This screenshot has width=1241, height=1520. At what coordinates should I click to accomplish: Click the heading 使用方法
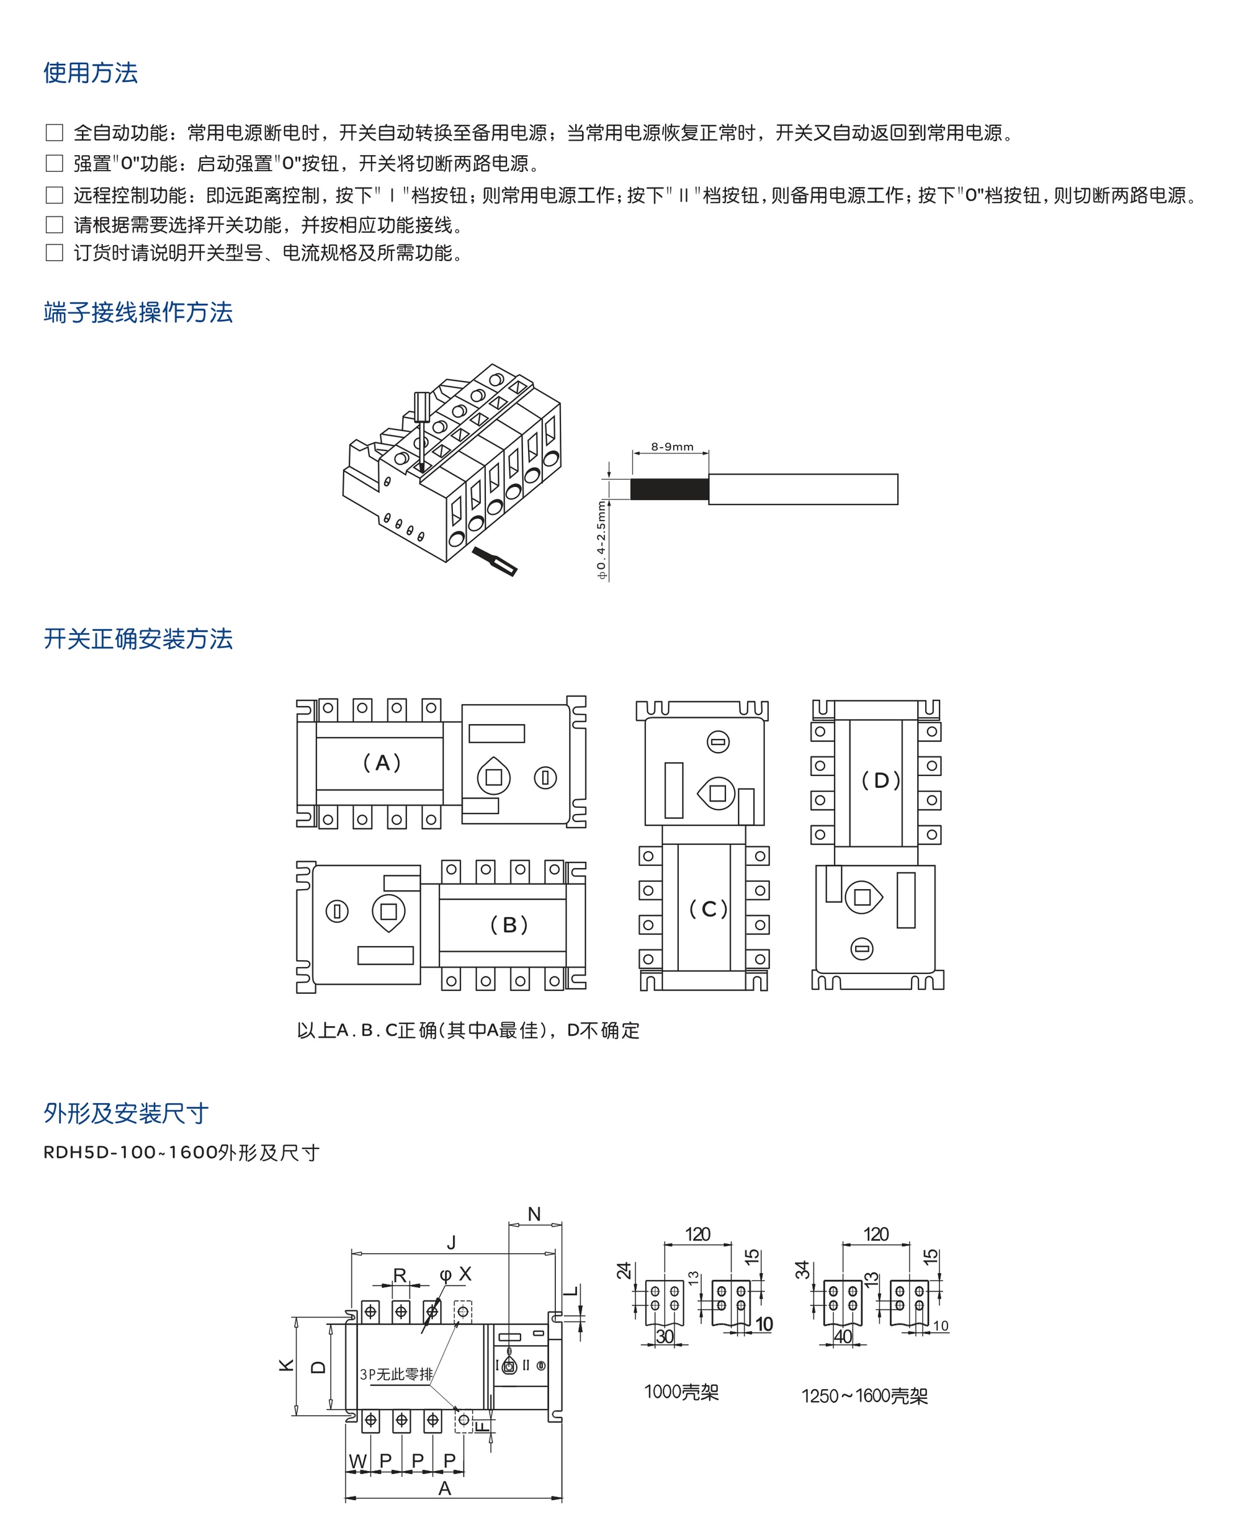point(90,73)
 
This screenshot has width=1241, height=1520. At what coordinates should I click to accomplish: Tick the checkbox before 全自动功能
point(55,132)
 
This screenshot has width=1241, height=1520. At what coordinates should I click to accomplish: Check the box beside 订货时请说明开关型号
point(55,253)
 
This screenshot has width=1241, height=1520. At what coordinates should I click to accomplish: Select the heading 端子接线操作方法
point(138,312)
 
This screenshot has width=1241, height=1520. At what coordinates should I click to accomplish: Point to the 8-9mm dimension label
point(672,447)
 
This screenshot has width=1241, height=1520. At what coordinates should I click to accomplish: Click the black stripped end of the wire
point(670,490)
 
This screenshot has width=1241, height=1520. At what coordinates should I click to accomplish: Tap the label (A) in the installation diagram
point(382,762)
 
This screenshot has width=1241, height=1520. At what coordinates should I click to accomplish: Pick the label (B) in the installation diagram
point(509,925)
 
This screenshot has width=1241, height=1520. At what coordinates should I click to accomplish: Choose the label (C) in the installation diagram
point(708,909)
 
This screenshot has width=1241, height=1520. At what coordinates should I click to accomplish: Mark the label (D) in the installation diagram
point(880,780)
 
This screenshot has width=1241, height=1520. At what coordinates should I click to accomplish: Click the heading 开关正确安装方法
point(138,639)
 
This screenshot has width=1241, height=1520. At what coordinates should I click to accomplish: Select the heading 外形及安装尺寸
point(126,1114)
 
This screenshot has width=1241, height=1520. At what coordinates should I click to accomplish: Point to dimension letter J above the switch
point(451,1243)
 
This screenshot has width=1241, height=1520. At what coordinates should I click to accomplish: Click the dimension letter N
point(534,1214)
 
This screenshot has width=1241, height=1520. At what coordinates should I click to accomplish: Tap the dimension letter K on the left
point(286,1366)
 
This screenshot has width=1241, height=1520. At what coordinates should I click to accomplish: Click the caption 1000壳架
point(681,1392)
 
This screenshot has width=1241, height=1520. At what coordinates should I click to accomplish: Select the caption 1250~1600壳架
point(864,1396)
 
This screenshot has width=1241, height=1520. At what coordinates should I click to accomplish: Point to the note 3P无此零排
point(396,1374)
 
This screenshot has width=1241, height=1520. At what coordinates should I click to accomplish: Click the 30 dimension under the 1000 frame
point(665,1336)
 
